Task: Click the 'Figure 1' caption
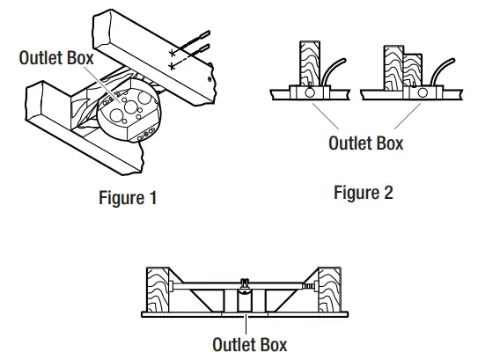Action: coord(128,198)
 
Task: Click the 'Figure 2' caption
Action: coord(364,193)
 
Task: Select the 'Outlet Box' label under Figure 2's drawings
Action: coord(365,143)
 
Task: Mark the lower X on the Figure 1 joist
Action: coord(171,67)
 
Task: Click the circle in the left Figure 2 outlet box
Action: coord(309,91)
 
